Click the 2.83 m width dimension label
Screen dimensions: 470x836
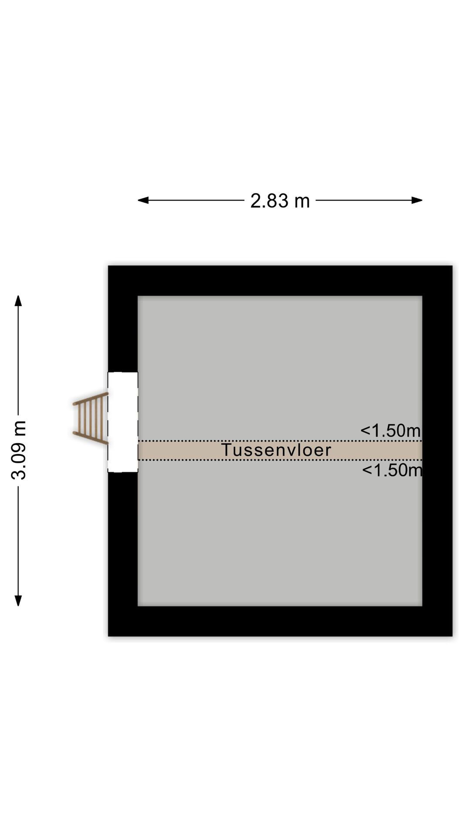(x=280, y=201)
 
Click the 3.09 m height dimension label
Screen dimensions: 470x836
(x=19, y=450)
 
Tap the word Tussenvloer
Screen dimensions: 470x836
(x=277, y=450)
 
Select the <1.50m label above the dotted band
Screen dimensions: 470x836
(x=391, y=431)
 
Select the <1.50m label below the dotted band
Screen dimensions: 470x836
(x=392, y=470)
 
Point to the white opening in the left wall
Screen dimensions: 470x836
(x=123, y=422)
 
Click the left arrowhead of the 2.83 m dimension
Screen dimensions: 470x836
(x=143, y=200)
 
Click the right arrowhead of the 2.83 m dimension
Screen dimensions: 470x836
(x=417, y=200)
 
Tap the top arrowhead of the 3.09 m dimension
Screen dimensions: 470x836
(x=18, y=301)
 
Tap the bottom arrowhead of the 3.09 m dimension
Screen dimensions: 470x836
(x=18, y=600)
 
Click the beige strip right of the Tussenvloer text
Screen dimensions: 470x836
(x=377, y=450)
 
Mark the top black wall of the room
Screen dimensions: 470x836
(x=280, y=280)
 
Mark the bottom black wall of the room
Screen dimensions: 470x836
(x=280, y=621)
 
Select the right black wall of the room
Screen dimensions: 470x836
(x=437, y=451)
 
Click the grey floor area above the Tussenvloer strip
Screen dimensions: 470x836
(x=280, y=368)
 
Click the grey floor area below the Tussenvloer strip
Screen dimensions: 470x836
(x=280, y=533)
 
